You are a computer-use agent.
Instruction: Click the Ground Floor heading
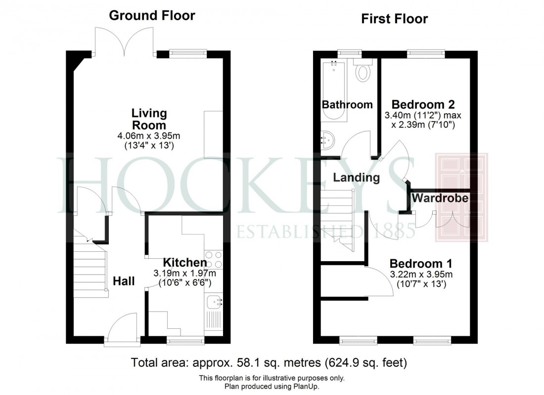tap(152, 16)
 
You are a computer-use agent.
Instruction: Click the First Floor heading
tap(394, 19)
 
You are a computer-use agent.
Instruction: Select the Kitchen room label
tap(185, 263)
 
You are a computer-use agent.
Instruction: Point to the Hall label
tap(124, 281)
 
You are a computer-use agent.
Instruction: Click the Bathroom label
tap(347, 105)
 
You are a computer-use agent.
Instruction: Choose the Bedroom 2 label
tap(423, 105)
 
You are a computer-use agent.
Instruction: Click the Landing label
tap(356, 177)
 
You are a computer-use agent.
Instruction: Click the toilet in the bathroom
tap(363, 72)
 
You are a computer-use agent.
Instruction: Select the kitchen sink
tap(213, 301)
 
